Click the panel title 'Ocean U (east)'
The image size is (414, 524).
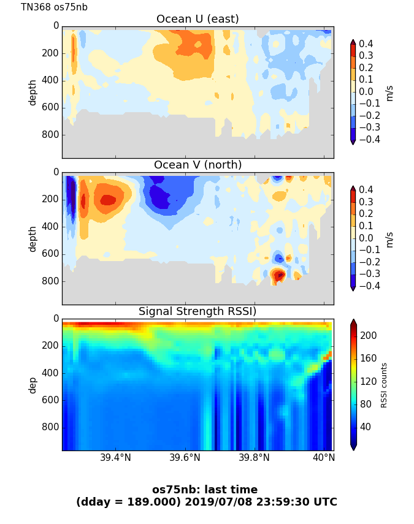[x=197, y=19]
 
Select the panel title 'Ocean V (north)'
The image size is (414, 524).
[x=197, y=165]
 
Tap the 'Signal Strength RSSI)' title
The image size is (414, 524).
[x=197, y=311]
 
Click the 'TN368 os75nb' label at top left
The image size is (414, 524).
[x=54, y=7]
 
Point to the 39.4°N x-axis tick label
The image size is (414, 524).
[x=115, y=458]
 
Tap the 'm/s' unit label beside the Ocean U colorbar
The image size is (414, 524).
[x=389, y=93]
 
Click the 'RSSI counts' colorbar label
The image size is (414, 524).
[x=384, y=385]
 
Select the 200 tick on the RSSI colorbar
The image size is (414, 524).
[x=368, y=336]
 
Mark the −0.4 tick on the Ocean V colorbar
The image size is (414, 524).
[x=370, y=286]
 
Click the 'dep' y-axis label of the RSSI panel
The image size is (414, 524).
[x=33, y=385]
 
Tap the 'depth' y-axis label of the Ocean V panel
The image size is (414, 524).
[x=33, y=238]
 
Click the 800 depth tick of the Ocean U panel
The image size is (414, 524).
[x=51, y=135]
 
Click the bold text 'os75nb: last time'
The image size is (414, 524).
[x=205, y=490]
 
